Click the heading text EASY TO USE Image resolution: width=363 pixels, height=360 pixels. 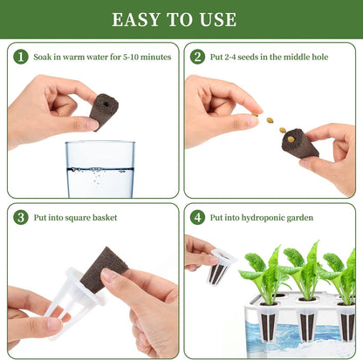point(181,19)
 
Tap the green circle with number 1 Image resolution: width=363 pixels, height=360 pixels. point(21,57)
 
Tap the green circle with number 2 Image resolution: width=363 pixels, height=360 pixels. point(197,57)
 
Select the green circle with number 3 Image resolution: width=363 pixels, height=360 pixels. point(21,217)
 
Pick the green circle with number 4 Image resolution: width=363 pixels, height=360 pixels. point(197,217)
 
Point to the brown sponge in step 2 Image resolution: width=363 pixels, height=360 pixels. point(301,144)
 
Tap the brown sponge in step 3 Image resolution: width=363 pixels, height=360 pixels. point(105,265)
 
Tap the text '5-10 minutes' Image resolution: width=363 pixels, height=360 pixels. point(145,57)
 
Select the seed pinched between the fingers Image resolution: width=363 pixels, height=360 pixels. point(258,119)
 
